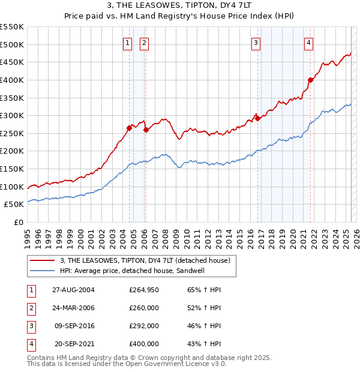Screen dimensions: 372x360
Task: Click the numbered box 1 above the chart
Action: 128,43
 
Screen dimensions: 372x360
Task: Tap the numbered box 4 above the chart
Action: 308,43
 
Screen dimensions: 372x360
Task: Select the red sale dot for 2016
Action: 257,118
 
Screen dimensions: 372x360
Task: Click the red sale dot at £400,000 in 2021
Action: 310,80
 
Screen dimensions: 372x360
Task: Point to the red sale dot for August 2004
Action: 129,128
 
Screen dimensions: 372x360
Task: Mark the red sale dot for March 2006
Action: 146,130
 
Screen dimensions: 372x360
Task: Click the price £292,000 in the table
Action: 144,326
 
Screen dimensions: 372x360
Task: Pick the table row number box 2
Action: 31,308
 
